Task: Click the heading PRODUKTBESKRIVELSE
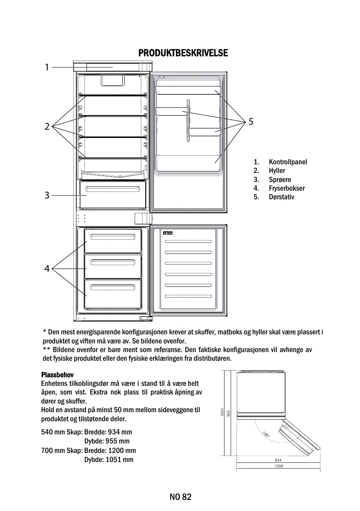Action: [x=183, y=54]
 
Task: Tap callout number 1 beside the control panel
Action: [x=47, y=67]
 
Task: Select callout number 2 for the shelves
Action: [x=47, y=126]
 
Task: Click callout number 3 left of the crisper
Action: [x=47, y=195]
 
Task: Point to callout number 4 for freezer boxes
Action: [x=47, y=269]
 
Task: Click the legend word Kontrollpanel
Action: [x=288, y=162]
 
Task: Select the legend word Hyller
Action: [x=277, y=170]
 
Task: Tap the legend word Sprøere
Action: [x=280, y=180]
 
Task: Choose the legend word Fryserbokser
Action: [x=287, y=188]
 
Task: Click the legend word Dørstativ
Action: [x=281, y=197]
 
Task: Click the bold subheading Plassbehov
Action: [x=57, y=375]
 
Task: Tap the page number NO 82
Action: [x=180, y=497]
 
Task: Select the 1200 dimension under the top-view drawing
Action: [x=278, y=467]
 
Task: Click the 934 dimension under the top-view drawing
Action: [x=278, y=460]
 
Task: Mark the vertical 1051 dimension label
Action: [x=222, y=413]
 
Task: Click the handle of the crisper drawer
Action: [x=112, y=189]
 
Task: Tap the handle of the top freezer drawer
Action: [x=113, y=236]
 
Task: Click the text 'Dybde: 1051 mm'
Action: [x=109, y=460]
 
